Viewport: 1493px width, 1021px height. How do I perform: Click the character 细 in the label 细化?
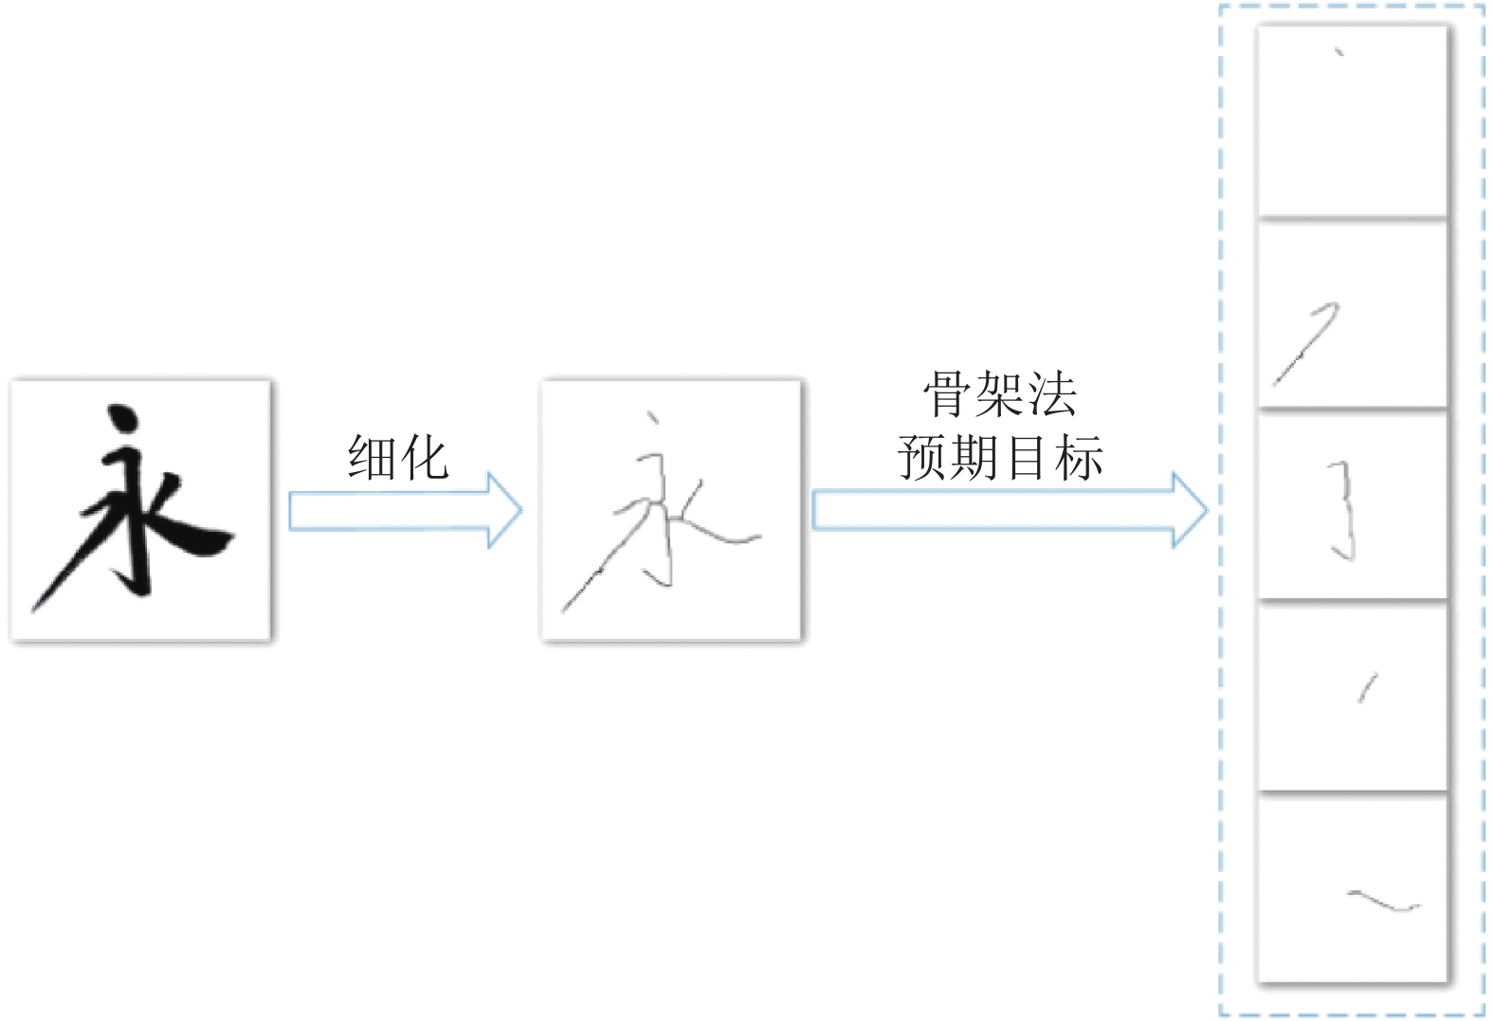pos(372,457)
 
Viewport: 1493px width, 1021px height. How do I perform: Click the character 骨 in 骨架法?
pos(947,393)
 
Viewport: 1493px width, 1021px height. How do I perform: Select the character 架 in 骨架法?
pos(1000,393)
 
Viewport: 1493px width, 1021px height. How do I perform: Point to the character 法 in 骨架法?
pos(1053,393)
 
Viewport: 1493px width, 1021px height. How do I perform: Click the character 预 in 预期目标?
pos(921,457)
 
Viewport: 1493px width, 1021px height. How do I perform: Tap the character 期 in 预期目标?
pos(974,457)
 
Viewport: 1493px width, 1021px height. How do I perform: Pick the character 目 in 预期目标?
pos(1027,457)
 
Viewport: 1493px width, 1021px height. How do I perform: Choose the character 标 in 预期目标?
pos(1079,457)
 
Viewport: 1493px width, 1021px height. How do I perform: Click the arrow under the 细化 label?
pos(406,510)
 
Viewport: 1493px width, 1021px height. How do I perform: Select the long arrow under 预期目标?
pos(1010,510)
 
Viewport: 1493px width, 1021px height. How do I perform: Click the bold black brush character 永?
pos(133,507)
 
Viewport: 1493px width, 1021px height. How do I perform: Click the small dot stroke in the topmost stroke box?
pos(1339,52)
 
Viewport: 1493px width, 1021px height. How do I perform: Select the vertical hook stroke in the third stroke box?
pos(1344,512)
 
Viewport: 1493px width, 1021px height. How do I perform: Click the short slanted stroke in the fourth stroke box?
pos(1368,688)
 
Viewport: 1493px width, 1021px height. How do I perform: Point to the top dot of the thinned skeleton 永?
pos(652,417)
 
